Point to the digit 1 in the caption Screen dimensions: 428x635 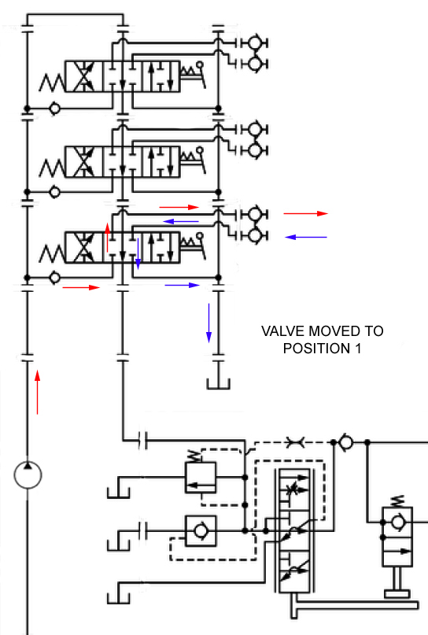pyautogui.click(x=358, y=349)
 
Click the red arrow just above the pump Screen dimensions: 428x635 pyautogui.click(x=37, y=392)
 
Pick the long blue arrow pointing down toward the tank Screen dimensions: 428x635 pyautogui.click(x=209, y=323)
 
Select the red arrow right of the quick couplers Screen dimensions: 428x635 pyautogui.click(x=306, y=213)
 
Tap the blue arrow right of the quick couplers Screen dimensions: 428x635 pyautogui.click(x=306, y=237)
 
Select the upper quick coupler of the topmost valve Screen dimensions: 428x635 pyautogui.click(x=254, y=43)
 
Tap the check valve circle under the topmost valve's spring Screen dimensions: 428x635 pyautogui.click(x=54, y=109)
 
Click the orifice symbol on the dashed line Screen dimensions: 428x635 pyautogui.click(x=295, y=442)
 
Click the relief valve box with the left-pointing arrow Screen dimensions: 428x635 pyautogui.click(x=201, y=478)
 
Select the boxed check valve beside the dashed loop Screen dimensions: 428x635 pyautogui.click(x=201, y=530)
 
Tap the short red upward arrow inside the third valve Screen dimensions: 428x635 pyautogui.click(x=107, y=238)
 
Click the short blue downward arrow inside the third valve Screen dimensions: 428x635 pyautogui.click(x=138, y=253)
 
